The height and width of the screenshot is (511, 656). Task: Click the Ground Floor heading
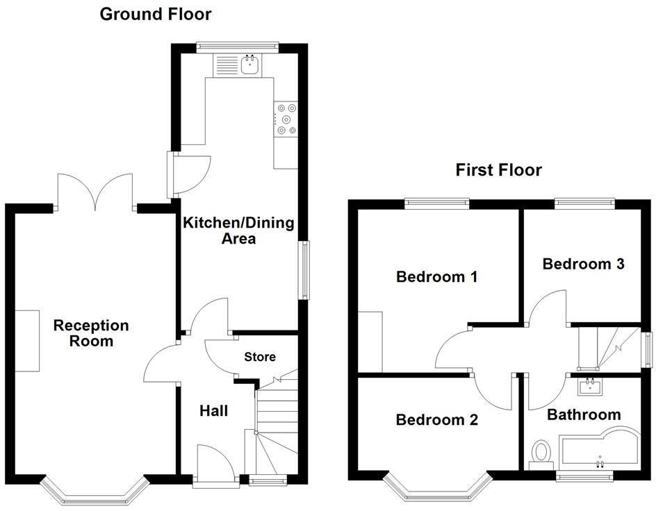156,14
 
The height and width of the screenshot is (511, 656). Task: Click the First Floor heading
498,170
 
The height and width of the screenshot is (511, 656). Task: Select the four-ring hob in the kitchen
286,119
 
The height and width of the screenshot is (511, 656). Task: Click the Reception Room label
92,333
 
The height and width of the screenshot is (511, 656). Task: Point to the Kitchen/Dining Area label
238,231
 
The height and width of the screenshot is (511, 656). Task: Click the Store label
260,357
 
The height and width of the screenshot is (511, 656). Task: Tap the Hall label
214,411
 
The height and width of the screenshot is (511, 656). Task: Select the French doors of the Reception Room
95,191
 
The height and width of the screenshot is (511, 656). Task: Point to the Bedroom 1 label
436,277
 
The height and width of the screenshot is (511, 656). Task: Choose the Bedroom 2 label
437,420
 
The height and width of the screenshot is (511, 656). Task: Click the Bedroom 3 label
583,264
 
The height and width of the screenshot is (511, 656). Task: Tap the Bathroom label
584,415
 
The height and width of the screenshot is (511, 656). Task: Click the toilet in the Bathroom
541,453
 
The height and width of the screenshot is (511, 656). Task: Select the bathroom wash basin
589,386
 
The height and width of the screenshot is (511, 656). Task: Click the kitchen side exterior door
188,174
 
